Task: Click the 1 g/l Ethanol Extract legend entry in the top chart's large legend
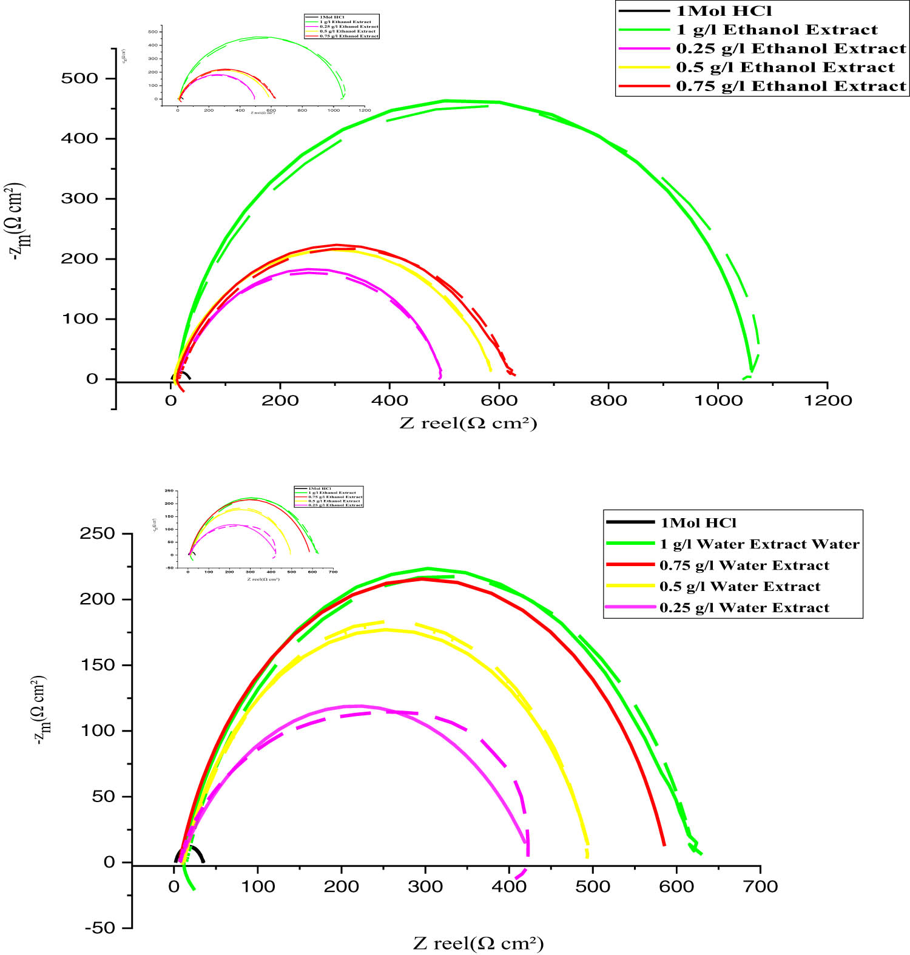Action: [777, 30]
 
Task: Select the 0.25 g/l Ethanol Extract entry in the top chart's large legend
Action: [790, 49]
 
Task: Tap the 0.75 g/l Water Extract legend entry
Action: [744, 565]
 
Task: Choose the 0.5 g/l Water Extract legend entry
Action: [740, 587]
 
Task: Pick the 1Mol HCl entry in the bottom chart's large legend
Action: [698, 523]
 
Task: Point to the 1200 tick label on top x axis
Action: [827, 401]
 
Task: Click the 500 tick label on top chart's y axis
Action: [79, 78]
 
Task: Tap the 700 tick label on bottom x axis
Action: [760, 887]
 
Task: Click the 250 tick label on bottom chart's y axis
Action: [97, 534]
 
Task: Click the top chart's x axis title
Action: [468, 423]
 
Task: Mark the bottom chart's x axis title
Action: [478, 943]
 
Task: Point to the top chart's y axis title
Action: [19, 221]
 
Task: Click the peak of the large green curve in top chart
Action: [446, 101]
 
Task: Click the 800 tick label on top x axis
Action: [608, 401]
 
